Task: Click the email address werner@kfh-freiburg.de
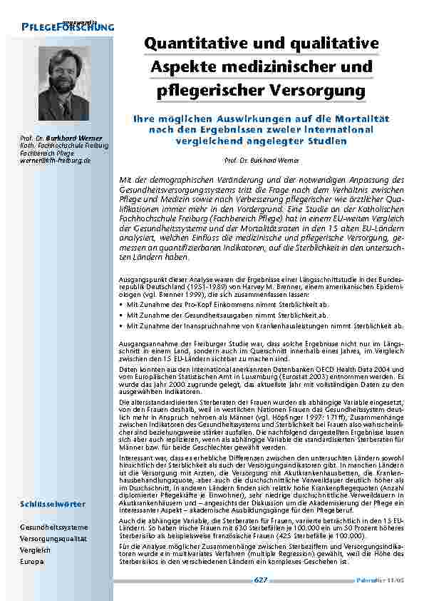(55, 161)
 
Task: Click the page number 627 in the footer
(261, 580)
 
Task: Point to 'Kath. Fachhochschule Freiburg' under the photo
(64, 146)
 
